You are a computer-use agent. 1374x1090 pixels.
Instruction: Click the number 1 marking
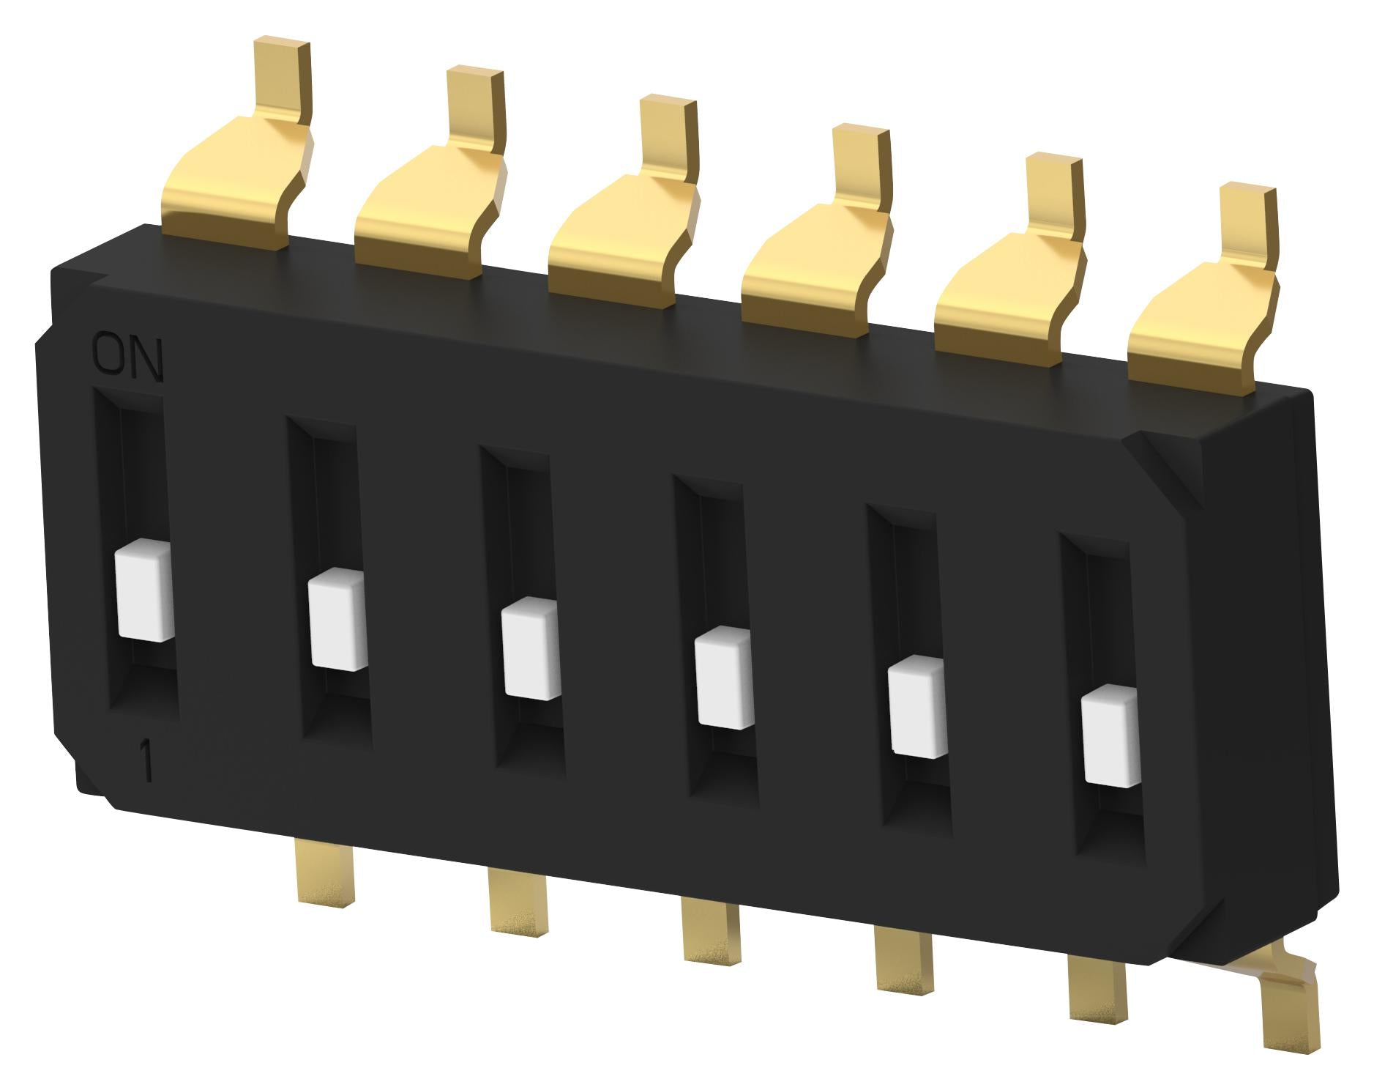point(147,763)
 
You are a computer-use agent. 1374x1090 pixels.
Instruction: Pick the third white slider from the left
point(531,649)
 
